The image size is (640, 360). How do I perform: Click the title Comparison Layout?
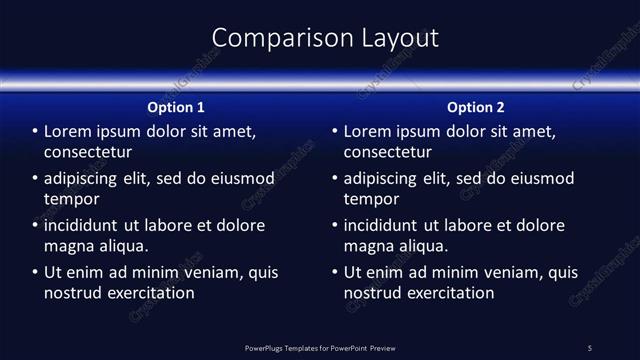tap(326, 38)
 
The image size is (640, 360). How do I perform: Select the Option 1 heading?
tap(176, 107)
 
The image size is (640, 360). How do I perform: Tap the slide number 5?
tap(590, 348)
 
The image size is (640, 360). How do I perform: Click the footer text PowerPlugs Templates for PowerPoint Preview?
tap(320, 348)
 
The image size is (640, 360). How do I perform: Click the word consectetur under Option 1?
tap(88, 153)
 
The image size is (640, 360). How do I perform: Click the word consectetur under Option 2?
tap(388, 153)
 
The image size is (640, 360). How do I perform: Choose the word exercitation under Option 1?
tap(149, 293)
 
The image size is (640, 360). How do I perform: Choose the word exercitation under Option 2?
tap(449, 293)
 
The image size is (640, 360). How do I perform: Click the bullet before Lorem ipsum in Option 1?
tap(35, 132)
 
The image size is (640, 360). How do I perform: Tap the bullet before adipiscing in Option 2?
tap(335, 179)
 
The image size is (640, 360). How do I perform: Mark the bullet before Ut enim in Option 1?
tap(35, 272)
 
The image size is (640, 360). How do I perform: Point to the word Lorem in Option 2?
tap(368, 132)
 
